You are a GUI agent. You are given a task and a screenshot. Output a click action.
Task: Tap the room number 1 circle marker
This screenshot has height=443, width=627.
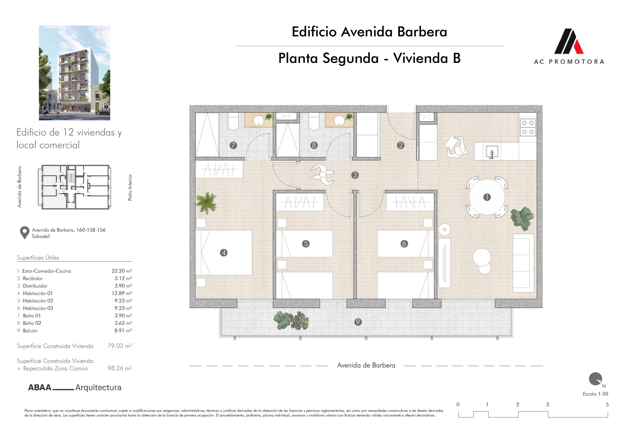487,197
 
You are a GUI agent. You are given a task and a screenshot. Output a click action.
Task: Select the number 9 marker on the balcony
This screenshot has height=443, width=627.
358,322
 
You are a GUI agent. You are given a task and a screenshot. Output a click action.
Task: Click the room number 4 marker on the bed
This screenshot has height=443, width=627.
224,253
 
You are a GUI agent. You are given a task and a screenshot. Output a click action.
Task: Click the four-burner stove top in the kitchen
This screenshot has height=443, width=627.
528,127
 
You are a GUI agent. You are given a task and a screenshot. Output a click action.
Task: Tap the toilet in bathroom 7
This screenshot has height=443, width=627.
233,123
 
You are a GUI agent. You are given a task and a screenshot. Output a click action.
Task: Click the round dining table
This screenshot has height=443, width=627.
487,197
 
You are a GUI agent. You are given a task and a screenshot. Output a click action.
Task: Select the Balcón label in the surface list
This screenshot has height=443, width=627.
30,331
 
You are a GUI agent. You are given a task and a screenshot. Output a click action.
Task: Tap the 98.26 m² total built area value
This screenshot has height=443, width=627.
120,368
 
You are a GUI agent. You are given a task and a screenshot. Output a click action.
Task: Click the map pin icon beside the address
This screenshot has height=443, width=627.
24,233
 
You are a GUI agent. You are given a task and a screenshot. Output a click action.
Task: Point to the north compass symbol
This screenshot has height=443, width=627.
596,379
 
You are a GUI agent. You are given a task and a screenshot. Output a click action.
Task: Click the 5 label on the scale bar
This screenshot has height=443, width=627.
607,405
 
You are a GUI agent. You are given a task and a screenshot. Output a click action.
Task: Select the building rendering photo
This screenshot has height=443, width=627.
74,73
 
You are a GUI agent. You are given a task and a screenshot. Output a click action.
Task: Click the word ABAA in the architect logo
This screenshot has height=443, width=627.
40,388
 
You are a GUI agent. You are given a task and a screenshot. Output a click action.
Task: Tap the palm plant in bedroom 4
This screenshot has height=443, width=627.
206,202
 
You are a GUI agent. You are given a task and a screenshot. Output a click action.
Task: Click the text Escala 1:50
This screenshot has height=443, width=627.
596,394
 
